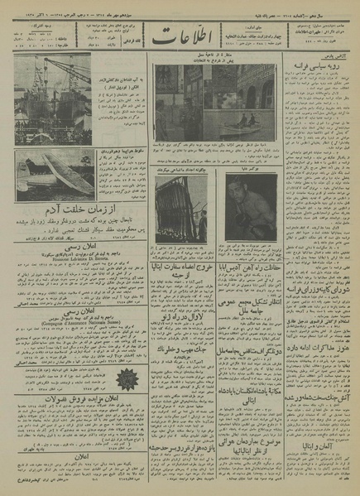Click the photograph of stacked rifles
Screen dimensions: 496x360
181,210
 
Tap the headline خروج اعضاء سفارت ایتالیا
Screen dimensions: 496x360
180,267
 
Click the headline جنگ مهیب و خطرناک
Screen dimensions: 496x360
180,348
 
